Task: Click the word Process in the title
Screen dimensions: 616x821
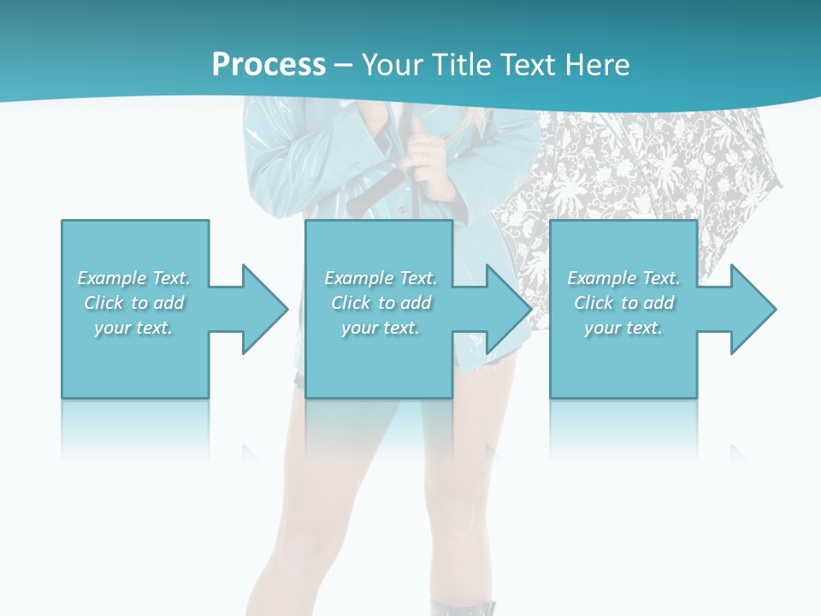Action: pyautogui.click(x=269, y=64)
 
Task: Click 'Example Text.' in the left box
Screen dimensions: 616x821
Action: pyautogui.click(x=134, y=278)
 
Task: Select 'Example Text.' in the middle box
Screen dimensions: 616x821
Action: pyautogui.click(x=381, y=278)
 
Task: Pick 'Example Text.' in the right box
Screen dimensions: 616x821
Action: pyautogui.click(x=623, y=278)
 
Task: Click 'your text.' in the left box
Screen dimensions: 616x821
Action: pyautogui.click(x=134, y=328)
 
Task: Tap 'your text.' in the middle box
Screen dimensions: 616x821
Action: pyautogui.click(x=381, y=328)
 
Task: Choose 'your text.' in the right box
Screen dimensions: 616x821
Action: pyautogui.click(x=623, y=328)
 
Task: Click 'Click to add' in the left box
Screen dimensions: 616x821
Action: pyautogui.click(x=134, y=303)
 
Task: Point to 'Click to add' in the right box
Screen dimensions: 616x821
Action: pyautogui.click(x=623, y=303)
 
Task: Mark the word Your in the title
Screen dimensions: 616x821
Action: pyautogui.click(x=393, y=64)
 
